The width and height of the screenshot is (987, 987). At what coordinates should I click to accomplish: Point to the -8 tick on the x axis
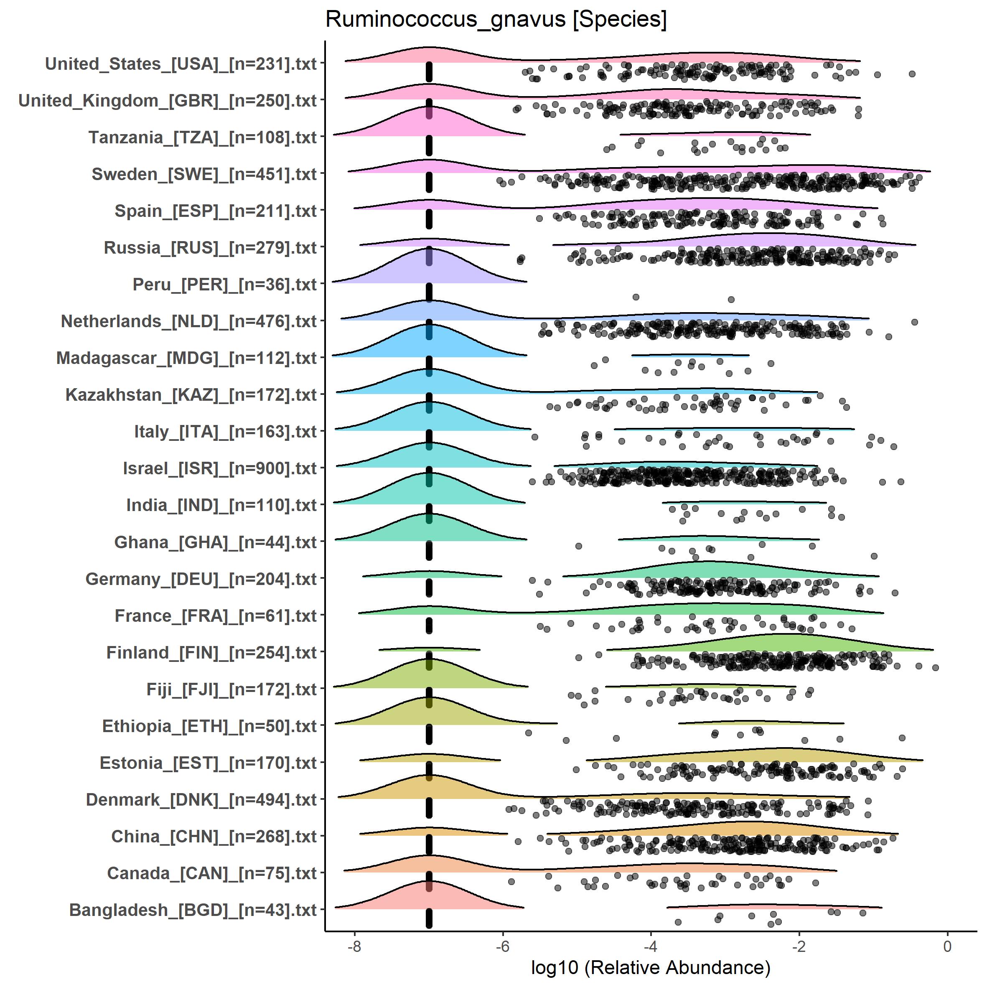(x=354, y=946)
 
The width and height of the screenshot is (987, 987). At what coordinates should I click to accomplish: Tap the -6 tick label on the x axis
(x=503, y=946)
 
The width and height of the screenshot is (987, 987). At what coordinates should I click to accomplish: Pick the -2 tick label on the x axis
(x=799, y=946)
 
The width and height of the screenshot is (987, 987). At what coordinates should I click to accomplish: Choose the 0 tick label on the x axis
(x=948, y=946)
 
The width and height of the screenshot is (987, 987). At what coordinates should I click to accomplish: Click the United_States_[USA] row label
(x=181, y=64)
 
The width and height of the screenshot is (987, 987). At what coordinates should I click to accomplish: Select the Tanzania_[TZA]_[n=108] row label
(x=203, y=137)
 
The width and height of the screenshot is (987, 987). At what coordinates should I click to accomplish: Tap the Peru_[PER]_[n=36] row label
(x=225, y=285)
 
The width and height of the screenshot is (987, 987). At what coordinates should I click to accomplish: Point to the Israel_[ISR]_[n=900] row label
(x=220, y=468)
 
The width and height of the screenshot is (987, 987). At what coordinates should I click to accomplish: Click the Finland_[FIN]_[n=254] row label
(x=211, y=652)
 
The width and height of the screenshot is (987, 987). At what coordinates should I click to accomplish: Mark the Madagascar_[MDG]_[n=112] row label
(x=186, y=358)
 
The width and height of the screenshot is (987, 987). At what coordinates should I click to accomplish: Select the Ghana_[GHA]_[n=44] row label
(x=216, y=542)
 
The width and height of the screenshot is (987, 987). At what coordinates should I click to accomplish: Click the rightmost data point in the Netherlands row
(x=915, y=322)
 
